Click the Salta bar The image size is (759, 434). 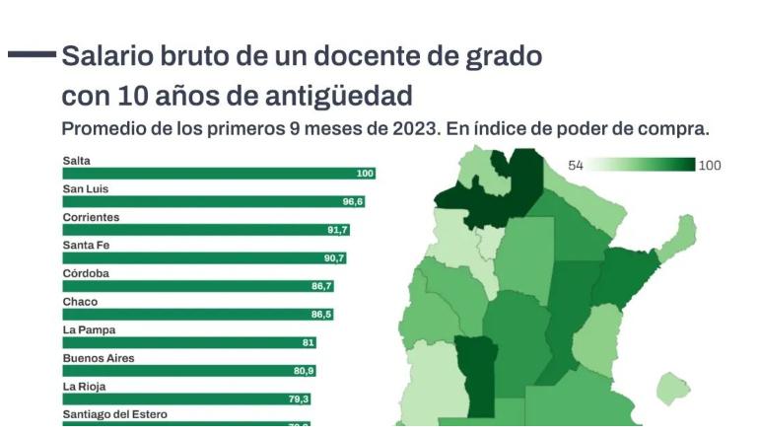pyautogui.click(x=218, y=174)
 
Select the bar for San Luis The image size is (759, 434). pyautogui.click(x=213, y=202)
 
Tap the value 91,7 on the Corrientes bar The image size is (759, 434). pyautogui.click(x=337, y=230)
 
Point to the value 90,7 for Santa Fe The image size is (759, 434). pyautogui.click(x=334, y=258)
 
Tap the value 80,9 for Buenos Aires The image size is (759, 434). pyautogui.click(x=304, y=371)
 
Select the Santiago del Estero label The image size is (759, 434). pyautogui.click(x=114, y=414)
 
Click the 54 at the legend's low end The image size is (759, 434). pyautogui.click(x=576, y=166)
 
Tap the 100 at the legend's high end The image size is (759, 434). pyautogui.click(x=710, y=166)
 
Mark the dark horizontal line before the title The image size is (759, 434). pyautogui.click(x=32, y=54)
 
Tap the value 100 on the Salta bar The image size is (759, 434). pyautogui.click(x=365, y=174)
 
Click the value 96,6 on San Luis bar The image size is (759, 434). pyautogui.click(x=353, y=202)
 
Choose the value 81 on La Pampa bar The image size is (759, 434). pyautogui.click(x=309, y=343)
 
